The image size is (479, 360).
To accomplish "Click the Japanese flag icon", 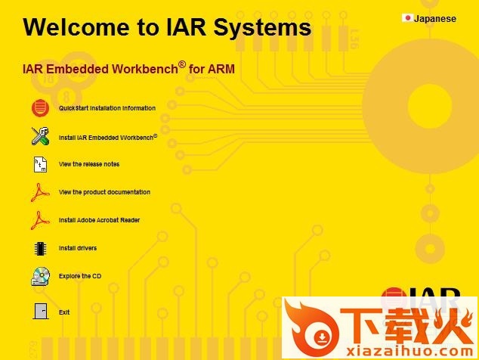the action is (x=407, y=18).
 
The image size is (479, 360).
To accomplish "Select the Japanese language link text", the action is (x=435, y=19).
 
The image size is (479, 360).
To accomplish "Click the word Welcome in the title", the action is (x=76, y=27).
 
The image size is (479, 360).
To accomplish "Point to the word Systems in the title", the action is (x=262, y=28).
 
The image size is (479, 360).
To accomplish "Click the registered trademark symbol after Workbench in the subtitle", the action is (x=182, y=64).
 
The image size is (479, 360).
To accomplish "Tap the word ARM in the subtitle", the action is (x=221, y=69).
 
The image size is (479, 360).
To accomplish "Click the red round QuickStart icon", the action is (x=40, y=108).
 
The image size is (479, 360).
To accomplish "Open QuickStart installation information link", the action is (x=107, y=108).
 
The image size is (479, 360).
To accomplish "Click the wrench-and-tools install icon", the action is (x=40, y=136).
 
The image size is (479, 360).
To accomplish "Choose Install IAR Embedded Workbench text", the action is (x=108, y=138).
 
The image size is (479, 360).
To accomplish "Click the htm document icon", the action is (x=40, y=164).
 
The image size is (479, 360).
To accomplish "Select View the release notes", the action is (x=89, y=164).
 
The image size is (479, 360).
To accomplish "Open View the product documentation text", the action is (x=104, y=192).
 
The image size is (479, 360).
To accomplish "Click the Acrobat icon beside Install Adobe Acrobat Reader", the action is (x=40, y=220).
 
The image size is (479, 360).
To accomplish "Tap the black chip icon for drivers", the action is (x=40, y=248).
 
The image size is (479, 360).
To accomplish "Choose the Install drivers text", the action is (x=78, y=248).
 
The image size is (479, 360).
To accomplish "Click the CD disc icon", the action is (x=40, y=276).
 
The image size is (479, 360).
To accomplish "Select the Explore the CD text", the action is (x=80, y=276).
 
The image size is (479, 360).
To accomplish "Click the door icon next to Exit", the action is (x=41, y=312).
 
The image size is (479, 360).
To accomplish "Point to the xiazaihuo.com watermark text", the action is (x=409, y=351).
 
